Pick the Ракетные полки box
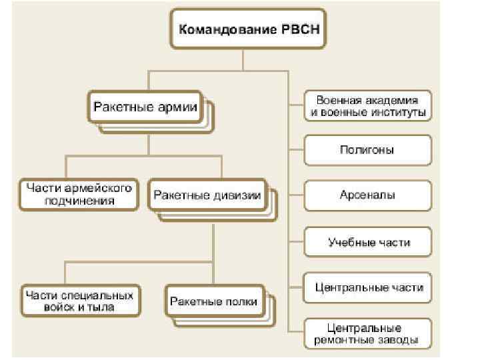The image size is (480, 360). pos(213,301)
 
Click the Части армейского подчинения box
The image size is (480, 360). pos(79,194)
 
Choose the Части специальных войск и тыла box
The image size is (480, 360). pos(79,301)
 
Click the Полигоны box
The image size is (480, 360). pos(368,150)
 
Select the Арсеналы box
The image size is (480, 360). pos(368,195)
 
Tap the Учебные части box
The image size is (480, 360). pos(368,241)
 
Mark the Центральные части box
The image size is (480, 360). pos(368,288)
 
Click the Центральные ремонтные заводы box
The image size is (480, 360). pos(368,334)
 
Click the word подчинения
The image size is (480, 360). pos(79,200)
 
